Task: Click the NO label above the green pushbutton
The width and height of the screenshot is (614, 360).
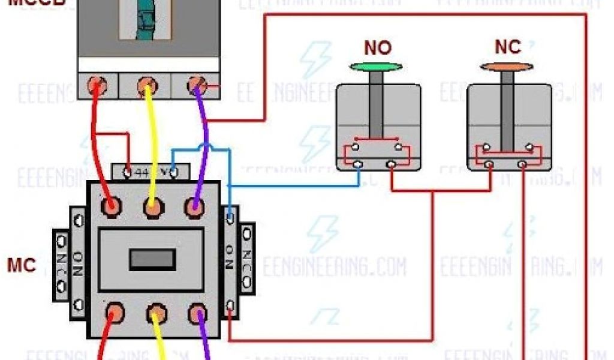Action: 378,48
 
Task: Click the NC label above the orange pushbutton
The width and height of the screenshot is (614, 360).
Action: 508,47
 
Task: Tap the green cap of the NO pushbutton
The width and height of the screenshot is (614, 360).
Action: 376,67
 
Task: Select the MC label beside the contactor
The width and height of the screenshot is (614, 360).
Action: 21,265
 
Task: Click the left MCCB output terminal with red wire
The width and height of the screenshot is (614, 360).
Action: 95,86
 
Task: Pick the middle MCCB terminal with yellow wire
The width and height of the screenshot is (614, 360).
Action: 146,86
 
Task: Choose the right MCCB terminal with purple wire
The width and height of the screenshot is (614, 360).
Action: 196,86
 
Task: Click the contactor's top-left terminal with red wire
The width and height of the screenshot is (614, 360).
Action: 110,206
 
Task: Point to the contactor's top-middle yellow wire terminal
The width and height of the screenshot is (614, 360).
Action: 153,207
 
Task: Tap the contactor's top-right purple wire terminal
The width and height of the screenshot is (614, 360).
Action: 194,206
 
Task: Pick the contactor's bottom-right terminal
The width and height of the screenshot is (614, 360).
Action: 197,313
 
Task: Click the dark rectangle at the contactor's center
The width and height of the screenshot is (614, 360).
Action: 152,259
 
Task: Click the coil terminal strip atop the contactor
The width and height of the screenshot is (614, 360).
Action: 151,172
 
